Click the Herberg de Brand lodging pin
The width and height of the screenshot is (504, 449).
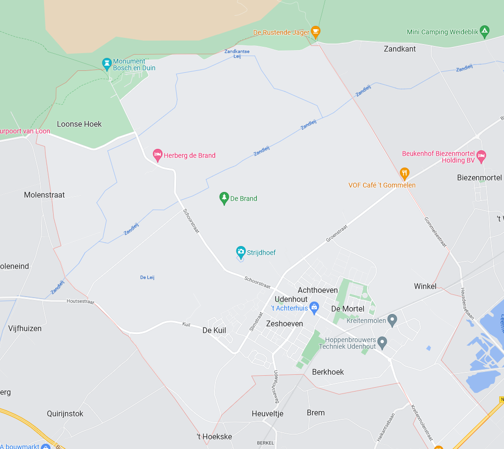[157, 155]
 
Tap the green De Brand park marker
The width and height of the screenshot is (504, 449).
[224, 198]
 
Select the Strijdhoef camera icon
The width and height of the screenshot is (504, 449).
[241, 252]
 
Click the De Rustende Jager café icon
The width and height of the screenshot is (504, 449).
[315, 32]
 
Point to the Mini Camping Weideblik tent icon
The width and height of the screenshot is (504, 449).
[484, 32]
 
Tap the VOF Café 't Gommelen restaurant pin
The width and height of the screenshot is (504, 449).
[404, 173]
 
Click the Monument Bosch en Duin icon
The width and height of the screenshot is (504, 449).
[107, 63]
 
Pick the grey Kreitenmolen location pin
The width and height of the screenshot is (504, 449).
[392, 319]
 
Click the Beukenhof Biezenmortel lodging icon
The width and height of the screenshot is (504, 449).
[482, 155]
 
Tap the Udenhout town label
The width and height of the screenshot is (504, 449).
[291, 299]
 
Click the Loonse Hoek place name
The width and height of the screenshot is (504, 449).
[79, 124]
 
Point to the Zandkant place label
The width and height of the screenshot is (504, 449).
[400, 49]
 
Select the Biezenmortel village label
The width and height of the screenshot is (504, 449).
[479, 178]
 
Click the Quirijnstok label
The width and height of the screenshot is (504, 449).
[65, 414]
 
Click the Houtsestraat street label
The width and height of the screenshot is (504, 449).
[81, 302]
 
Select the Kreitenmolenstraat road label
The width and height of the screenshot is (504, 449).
[421, 423]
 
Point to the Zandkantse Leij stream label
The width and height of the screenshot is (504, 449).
[237, 54]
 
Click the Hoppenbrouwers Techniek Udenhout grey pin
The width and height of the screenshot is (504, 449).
[382, 342]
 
